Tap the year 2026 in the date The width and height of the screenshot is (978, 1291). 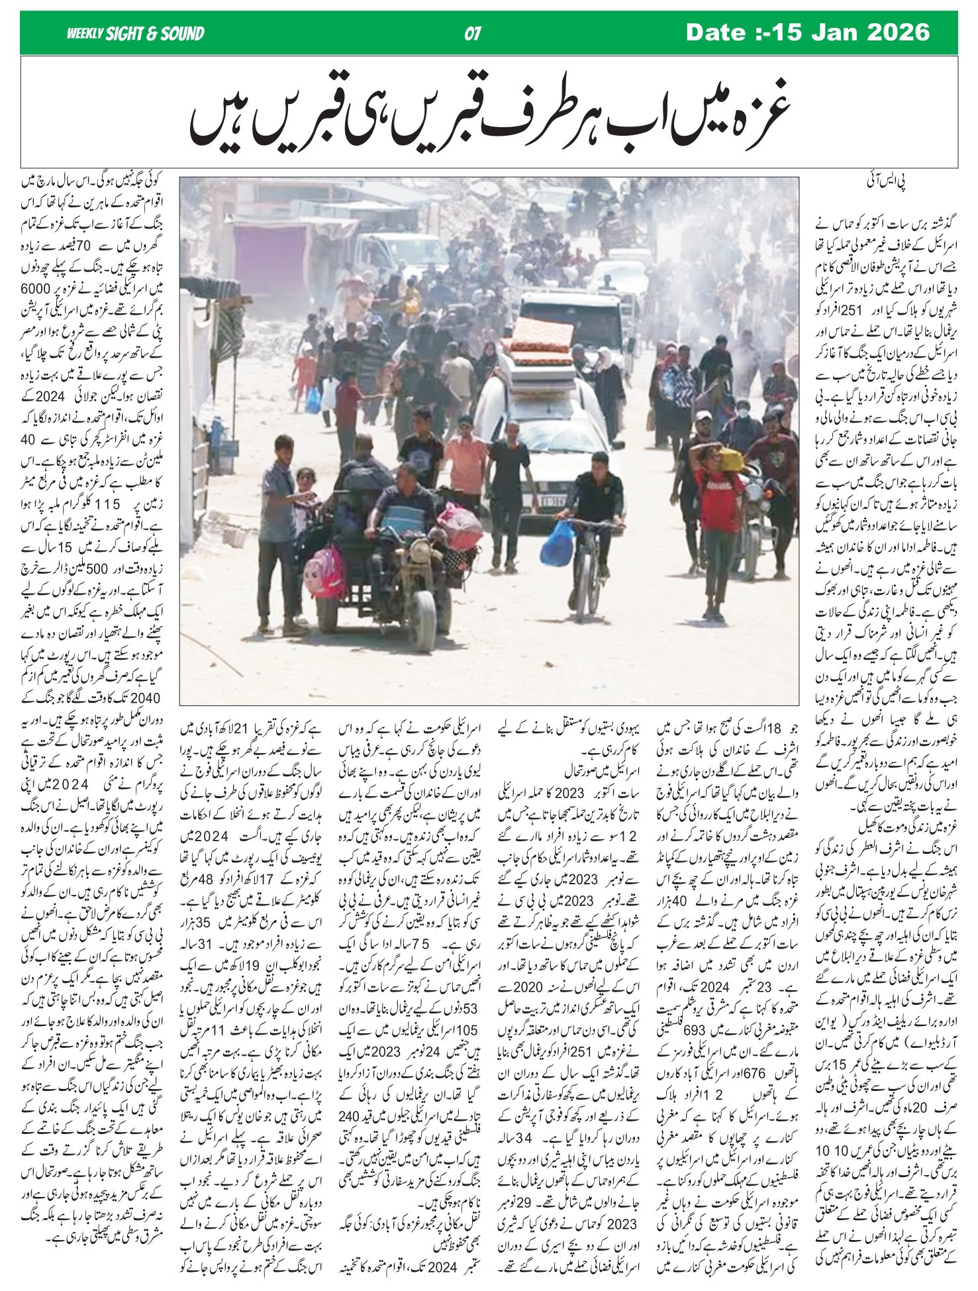897,32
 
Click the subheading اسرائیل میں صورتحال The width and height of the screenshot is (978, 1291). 564,772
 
